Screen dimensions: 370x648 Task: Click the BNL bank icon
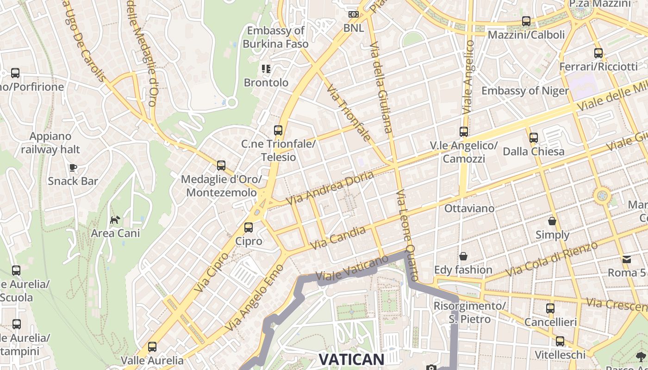coord(354,15)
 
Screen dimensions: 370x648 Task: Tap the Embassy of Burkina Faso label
coord(275,37)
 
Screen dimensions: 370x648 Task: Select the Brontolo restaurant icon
coord(266,69)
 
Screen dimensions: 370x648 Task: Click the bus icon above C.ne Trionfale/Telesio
coord(278,130)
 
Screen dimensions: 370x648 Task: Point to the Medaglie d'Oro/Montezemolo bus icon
coord(221,166)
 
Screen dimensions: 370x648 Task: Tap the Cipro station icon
coord(249,228)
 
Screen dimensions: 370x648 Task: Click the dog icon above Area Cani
coord(115,219)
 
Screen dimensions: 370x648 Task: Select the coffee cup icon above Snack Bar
coord(73,167)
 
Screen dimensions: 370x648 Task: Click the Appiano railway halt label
coord(50,143)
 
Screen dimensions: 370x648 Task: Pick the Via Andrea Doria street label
coord(330,189)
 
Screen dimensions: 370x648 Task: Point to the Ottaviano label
coord(469,209)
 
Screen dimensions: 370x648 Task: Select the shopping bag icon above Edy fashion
coord(463,256)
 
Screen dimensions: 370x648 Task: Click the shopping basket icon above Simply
coord(552,221)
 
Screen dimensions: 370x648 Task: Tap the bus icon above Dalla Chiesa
coord(534,138)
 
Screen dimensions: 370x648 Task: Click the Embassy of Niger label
coord(525,91)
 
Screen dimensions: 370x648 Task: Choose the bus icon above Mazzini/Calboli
coord(526,21)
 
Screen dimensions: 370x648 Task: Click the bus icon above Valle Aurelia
coord(152,346)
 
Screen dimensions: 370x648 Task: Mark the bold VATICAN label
coord(352,359)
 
